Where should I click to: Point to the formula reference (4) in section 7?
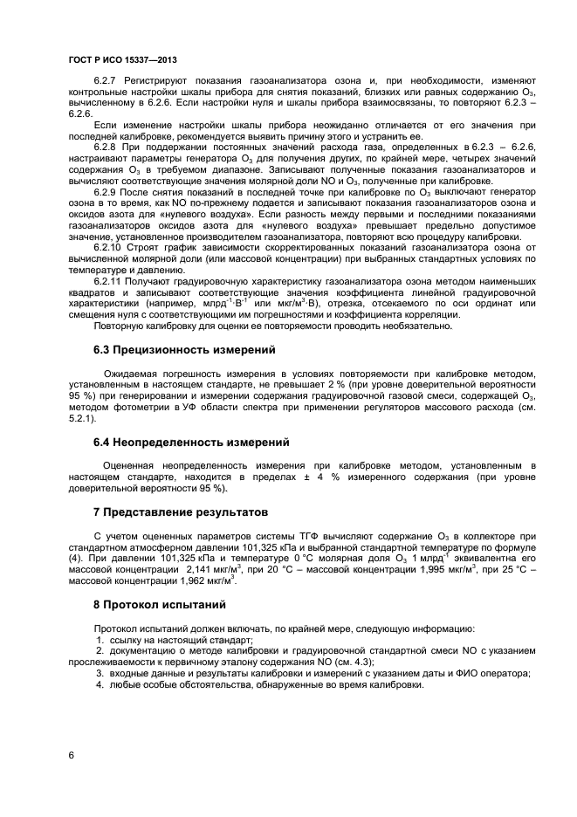tap(76, 558)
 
